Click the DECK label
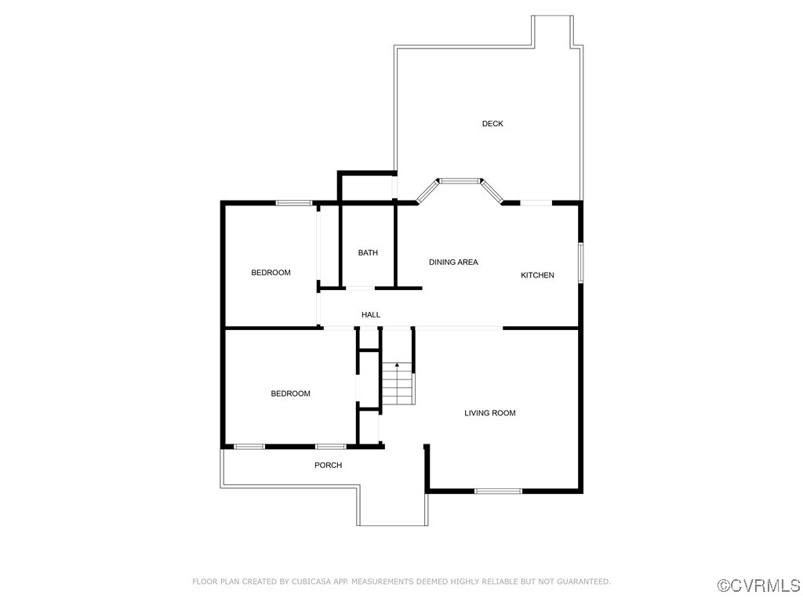click(492, 124)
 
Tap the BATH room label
click(368, 252)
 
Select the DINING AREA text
click(453, 262)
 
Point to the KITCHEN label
click(538, 275)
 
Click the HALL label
click(371, 315)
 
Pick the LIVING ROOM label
click(490, 413)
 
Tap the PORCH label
click(329, 465)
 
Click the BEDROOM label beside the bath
click(271, 273)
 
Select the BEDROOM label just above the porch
click(290, 393)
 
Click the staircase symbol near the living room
click(398, 385)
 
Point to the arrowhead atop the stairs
click(398, 364)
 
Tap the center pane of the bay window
click(459, 181)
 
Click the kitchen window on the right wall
click(580, 262)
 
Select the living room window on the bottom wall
click(498, 491)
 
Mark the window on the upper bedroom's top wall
click(294, 203)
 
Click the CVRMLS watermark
click(759, 586)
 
